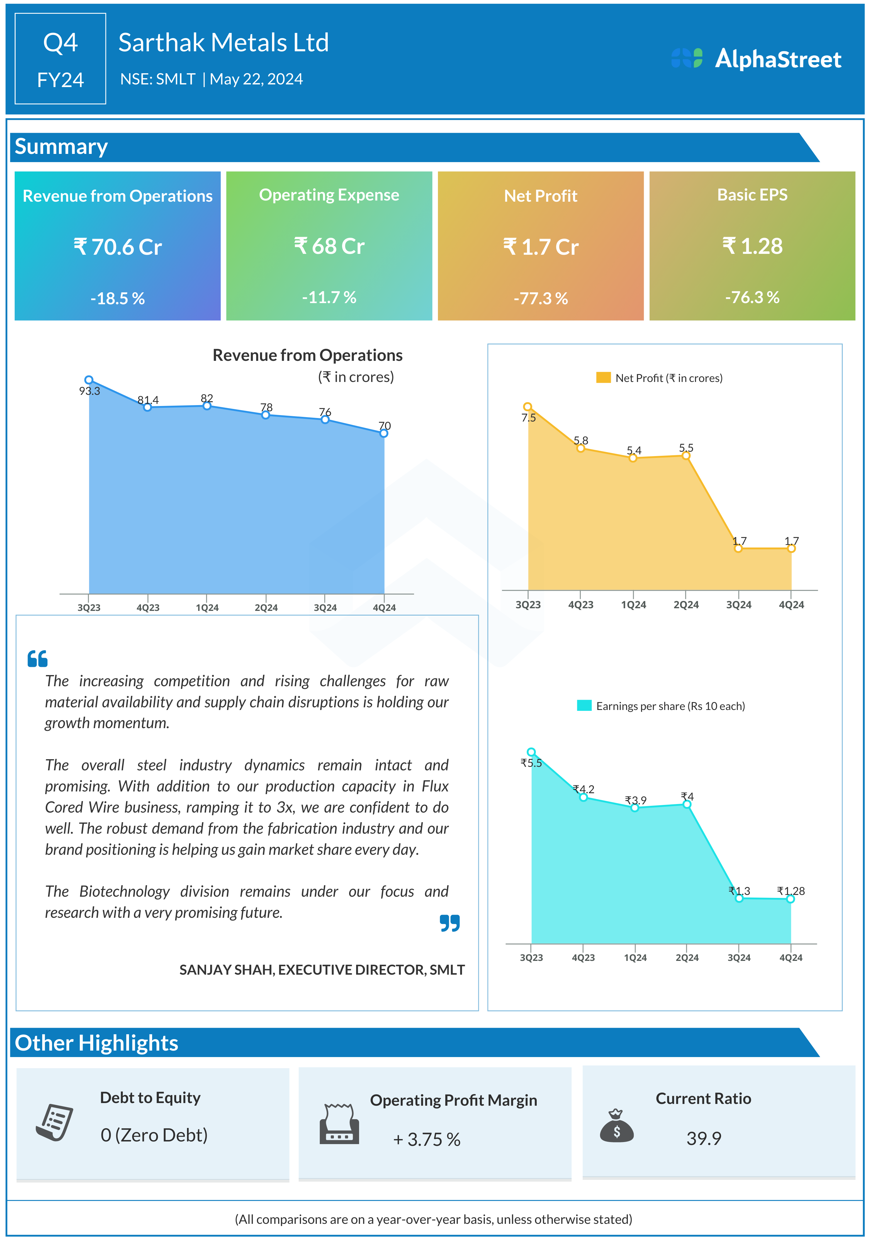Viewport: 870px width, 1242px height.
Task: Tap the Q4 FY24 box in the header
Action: [60, 58]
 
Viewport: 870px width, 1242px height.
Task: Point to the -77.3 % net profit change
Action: [541, 298]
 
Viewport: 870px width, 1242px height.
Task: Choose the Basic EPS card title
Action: [752, 195]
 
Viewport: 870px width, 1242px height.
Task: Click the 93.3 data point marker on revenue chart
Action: [89, 380]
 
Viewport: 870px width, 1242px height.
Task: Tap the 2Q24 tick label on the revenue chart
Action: [266, 607]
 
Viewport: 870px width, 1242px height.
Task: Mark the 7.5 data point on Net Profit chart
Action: [528, 407]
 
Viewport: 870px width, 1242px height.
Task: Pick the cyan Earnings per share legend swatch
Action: [584, 705]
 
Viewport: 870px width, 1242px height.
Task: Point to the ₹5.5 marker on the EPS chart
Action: [531, 752]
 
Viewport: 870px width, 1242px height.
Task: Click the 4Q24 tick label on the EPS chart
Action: [791, 957]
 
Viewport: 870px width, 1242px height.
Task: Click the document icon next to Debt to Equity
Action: [54, 1122]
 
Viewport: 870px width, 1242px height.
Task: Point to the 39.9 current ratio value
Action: [704, 1138]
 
